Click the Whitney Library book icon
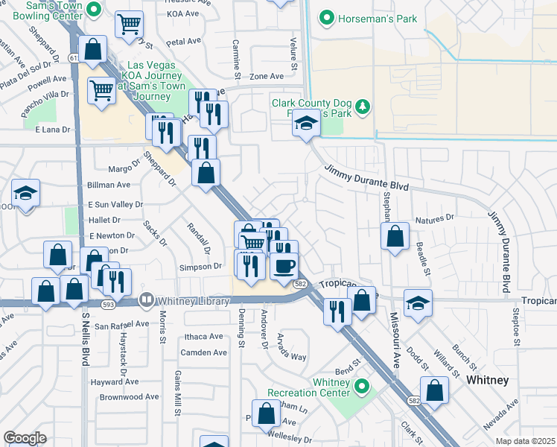click(146, 299)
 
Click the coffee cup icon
click(283, 265)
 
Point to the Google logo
click(25, 438)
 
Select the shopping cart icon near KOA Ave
click(130, 24)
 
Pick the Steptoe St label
click(515, 328)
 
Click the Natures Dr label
click(434, 219)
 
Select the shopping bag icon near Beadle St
click(395, 236)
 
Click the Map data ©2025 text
click(526, 441)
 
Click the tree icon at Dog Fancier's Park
click(363, 107)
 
